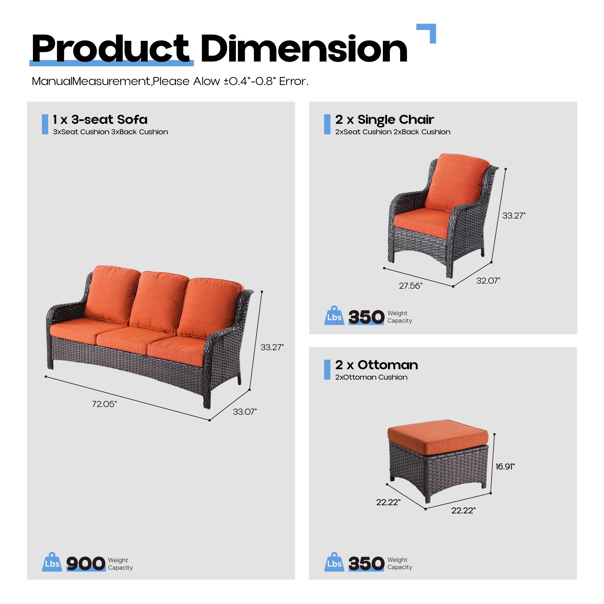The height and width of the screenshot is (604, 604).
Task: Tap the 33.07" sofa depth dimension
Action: (x=245, y=412)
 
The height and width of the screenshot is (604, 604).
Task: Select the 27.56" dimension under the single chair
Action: (x=410, y=286)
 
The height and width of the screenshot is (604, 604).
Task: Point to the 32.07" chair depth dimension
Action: (x=488, y=281)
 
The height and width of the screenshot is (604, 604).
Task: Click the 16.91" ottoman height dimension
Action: (x=505, y=467)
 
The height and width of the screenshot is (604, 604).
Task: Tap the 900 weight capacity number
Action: (x=86, y=563)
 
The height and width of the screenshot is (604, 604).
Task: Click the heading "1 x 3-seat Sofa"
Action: (x=100, y=119)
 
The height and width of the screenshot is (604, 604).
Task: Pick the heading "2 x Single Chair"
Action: (x=384, y=119)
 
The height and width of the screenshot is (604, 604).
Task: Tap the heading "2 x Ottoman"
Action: (x=376, y=365)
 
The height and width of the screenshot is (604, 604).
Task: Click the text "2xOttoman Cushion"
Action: (x=371, y=377)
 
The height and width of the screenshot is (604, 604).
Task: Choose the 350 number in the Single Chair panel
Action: (x=366, y=317)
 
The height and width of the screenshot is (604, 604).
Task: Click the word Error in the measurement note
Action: (x=293, y=82)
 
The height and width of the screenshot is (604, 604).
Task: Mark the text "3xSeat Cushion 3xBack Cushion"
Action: (x=110, y=132)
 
